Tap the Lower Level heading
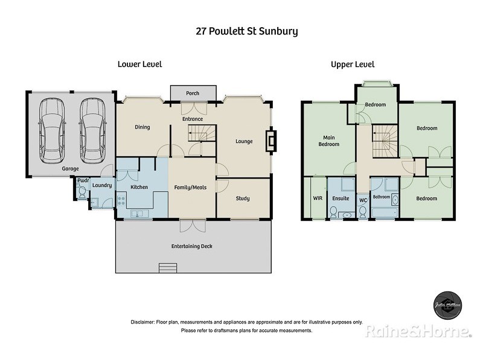coord(139,64)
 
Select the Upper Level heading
coord(353,64)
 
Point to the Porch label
coord(193,94)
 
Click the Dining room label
coord(142,127)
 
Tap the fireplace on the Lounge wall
coord(272,141)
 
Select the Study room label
coord(243,198)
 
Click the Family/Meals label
coord(190,187)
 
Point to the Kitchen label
coord(139,187)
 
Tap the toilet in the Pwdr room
coord(82,192)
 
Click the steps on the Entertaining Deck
coord(167,268)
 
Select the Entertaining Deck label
coord(192,246)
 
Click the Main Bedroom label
coord(329,141)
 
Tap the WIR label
coord(318,198)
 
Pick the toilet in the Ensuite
coord(333,211)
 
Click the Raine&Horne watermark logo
coord(417,331)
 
